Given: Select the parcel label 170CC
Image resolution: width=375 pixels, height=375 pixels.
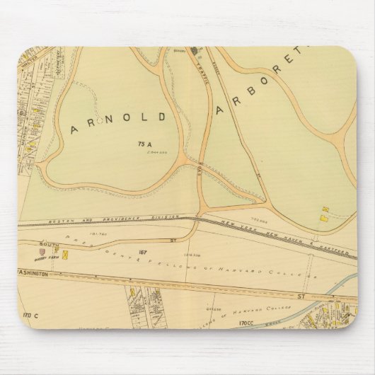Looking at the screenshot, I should coord(246,323).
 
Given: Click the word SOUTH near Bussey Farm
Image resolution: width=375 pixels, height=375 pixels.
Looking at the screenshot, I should coord(49,243).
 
